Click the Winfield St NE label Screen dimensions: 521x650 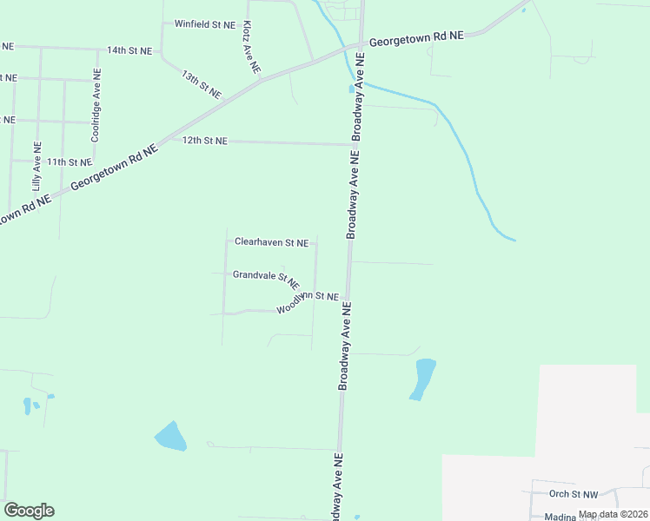(x=204, y=24)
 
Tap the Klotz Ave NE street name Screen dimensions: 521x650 (x=249, y=47)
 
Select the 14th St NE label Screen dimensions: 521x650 (x=129, y=50)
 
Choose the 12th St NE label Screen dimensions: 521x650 (x=204, y=141)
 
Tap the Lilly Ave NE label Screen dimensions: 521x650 (x=36, y=166)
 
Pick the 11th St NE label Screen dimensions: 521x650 (x=70, y=162)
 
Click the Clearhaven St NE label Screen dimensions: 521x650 (x=271, y=242)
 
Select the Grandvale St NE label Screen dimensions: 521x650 (x=266, y=278)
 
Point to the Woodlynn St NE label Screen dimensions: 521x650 (x=308, y=302)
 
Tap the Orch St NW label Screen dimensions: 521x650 (x=574, y=494)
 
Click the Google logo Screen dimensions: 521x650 (x=29, y=511)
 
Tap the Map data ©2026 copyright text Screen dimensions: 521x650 (x=614, y=514)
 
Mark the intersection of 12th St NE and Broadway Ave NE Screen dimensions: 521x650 (x=354, y=144)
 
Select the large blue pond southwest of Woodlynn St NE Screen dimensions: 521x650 (x=170, y=436)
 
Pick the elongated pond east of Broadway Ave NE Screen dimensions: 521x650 (x=423, y=379)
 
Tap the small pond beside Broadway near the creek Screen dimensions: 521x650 (x=351, y=88)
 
